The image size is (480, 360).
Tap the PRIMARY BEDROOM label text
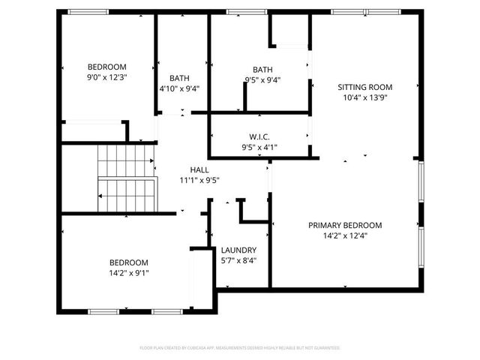(345, 225)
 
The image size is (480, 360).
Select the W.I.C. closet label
(259, 136)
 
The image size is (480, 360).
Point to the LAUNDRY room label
(239, 250)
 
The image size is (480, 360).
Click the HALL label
(199, 169)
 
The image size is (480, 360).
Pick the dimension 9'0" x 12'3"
(106, 76)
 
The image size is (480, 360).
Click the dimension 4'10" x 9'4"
(179, 88)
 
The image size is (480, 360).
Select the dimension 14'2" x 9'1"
(129, 273)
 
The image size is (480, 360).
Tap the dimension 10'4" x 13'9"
(367, 97)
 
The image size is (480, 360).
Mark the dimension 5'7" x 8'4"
(239, 260)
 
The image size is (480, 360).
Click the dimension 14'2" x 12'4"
(345, 235)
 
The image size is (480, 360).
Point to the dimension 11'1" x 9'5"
(199, 180)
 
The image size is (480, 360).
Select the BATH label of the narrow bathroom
(179, 78)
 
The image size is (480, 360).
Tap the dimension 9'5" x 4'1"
(259, 147)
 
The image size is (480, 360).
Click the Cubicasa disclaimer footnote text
(240, 348)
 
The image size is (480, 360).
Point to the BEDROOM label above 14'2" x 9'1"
(129, 262)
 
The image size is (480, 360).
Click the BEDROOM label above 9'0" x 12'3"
(106, 66)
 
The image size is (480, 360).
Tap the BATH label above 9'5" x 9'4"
(262, 70)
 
